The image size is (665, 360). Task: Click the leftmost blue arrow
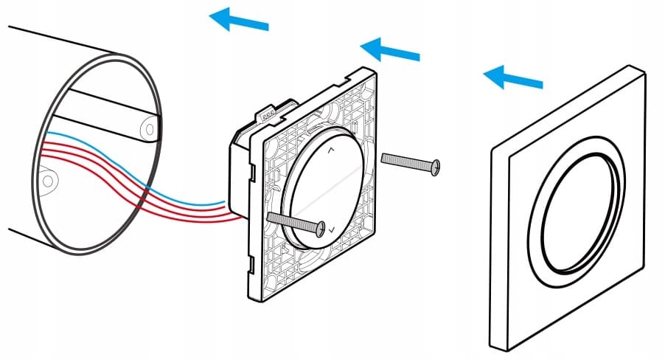tap(237, 21)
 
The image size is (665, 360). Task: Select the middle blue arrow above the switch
tap(389, 50)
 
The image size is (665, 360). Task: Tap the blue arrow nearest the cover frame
tap(512, 78)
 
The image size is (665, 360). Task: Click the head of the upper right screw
tap(437, 167)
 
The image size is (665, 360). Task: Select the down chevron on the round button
tap(332, 230)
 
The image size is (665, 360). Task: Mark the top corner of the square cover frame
tap(633, 68)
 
